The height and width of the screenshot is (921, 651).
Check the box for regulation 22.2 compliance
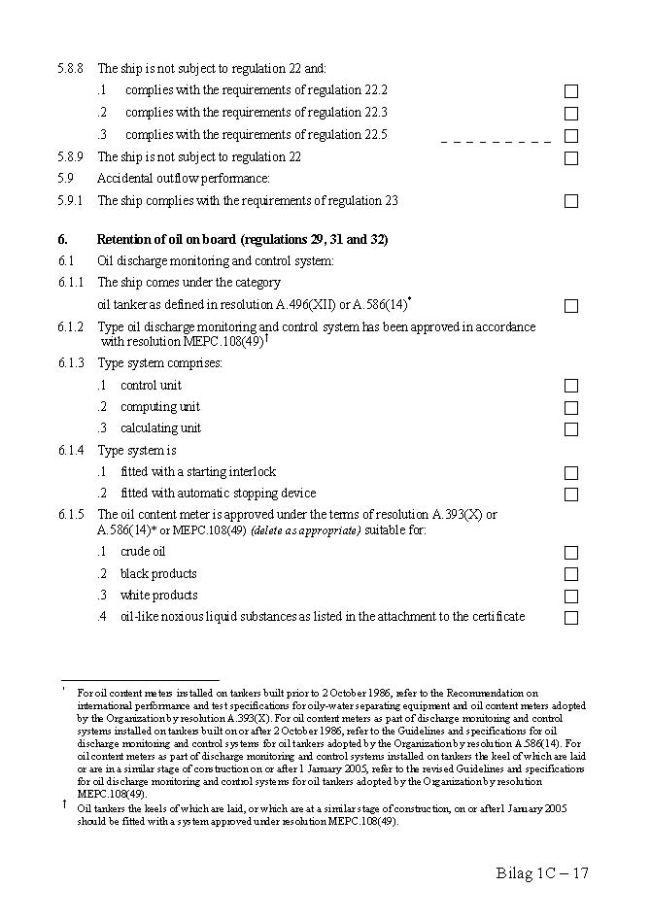click(571, 91)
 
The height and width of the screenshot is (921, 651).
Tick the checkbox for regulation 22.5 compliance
click(571, 136)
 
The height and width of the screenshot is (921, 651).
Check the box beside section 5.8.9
click(571, 157)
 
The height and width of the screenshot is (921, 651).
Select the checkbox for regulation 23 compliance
click(571, 201)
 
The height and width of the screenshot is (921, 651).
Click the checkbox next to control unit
click(571, 387)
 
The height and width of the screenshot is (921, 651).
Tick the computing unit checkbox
click(571, 408)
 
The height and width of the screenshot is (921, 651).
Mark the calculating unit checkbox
click(571, 429)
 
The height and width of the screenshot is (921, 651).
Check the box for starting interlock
click(571, 473)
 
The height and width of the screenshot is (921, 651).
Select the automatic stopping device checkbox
click(571, 495)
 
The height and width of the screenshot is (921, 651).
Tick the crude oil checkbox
click(571, 553)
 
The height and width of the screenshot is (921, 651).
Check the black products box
click(571, 574)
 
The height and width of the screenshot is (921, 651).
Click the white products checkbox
click(571, 597)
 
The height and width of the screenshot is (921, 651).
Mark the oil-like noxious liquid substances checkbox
click(571, 618)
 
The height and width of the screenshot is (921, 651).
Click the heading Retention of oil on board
click(242, 239)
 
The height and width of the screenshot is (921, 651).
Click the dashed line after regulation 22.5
click(496, 142)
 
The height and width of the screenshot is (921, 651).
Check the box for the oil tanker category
click(571, 306)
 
